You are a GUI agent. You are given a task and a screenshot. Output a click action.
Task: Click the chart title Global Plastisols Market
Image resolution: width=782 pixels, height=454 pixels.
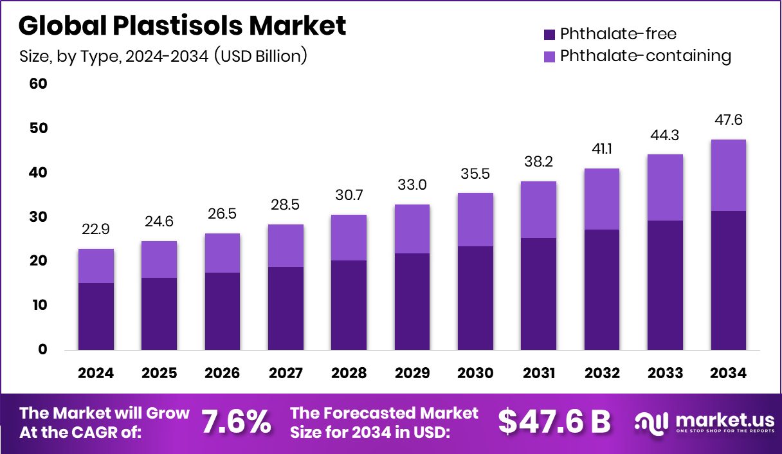coord(183,26)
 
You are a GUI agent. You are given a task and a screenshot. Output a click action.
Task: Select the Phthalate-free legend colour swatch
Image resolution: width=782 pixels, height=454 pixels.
coord(549,34)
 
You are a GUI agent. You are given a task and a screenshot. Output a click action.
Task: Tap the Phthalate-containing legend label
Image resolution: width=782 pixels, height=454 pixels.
coord(645,56)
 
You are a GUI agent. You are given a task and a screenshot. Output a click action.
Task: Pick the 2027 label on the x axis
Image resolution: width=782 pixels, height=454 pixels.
coord(286,374)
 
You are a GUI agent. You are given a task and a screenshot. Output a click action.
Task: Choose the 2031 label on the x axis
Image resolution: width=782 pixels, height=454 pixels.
coord(539,374)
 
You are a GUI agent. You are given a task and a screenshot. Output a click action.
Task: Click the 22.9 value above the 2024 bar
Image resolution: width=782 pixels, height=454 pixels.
coord(96,230)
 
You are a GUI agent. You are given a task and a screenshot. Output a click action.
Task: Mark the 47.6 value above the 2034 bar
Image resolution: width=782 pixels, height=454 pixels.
coord(729,120)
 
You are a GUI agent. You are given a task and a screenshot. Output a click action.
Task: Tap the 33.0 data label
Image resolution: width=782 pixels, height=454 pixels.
coord(412,185)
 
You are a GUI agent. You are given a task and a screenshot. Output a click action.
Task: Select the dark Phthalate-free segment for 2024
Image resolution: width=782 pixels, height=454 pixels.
coord(96,316)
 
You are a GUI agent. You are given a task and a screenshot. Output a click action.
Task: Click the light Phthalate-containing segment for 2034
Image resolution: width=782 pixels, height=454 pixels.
coord(729,175)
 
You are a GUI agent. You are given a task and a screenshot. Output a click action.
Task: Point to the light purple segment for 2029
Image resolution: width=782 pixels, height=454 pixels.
coord(412,229)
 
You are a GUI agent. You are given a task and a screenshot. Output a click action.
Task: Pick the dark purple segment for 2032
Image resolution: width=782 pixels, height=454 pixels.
coord(602,289)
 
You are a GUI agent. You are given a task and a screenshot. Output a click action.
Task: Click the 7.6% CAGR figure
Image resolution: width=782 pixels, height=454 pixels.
coord(236,422)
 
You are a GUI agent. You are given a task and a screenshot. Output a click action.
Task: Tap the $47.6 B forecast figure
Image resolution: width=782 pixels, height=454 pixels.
coord(554,422)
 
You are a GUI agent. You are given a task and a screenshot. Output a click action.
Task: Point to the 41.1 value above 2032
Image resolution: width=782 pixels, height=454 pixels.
coord(602,149)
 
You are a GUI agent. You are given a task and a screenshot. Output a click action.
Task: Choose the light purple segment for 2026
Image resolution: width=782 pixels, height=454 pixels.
coord(223,253)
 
